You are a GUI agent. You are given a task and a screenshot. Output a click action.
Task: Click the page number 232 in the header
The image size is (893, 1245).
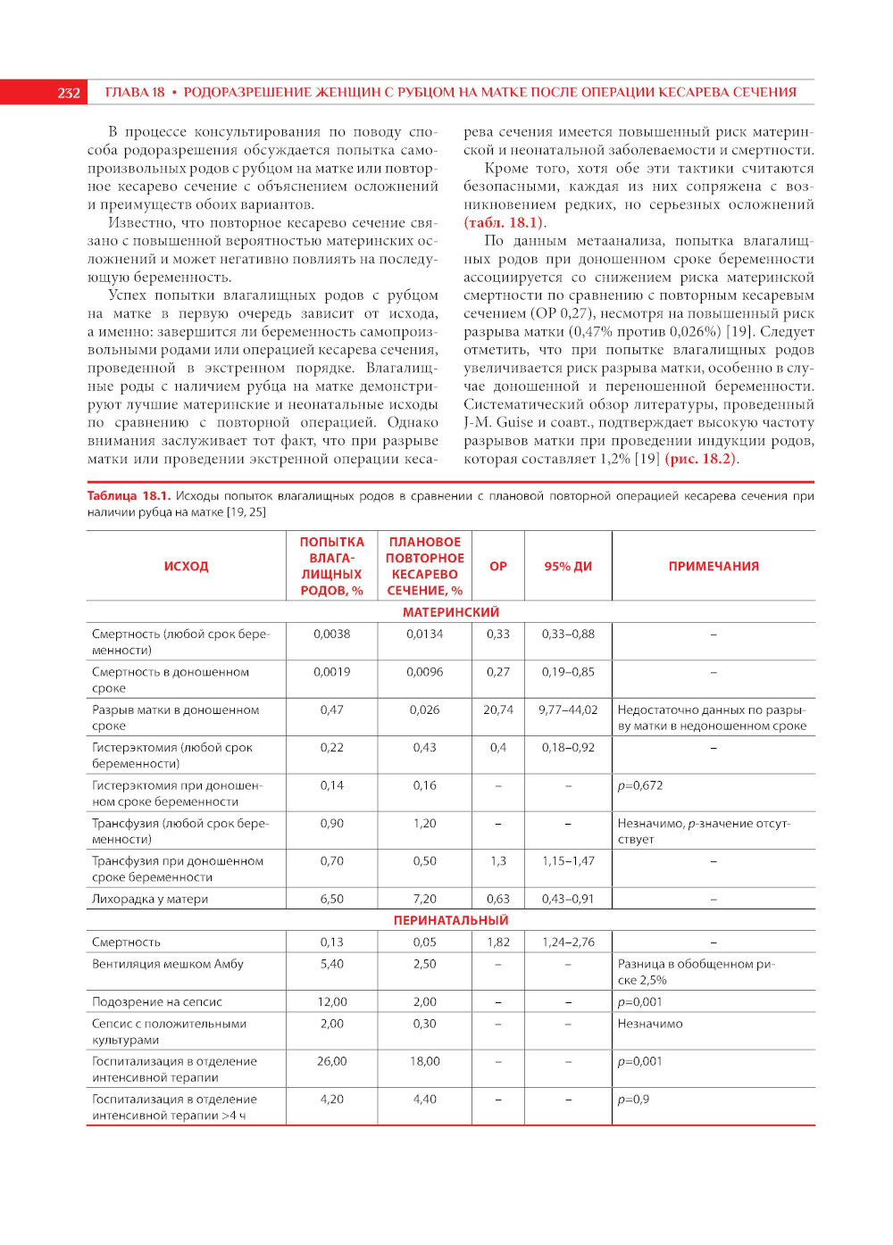[x=69, y=93]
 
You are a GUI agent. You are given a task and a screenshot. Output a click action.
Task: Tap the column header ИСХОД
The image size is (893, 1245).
[x=186, y=566]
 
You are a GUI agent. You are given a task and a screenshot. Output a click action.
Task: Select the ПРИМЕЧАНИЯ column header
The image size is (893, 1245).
[x=714, y=566]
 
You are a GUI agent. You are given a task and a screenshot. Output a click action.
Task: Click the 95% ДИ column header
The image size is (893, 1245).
[x=568, y=566]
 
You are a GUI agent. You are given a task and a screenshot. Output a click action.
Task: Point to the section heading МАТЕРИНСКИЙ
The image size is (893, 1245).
[x=451, y=612]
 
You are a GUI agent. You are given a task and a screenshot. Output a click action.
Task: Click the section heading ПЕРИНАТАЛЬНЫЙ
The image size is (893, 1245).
[x=451, y=920]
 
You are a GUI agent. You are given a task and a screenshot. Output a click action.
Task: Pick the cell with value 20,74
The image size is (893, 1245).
[x=498, y=710]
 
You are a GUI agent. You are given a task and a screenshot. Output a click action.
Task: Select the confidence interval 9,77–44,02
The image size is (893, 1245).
[x=568, y=710]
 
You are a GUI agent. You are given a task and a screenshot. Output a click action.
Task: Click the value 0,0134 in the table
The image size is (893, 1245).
[x=424, y=634]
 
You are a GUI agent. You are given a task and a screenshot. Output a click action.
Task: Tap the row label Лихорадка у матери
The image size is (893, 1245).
[x=150, y=899]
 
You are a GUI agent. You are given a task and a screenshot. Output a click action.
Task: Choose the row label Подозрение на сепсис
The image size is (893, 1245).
[x=157, y=1001]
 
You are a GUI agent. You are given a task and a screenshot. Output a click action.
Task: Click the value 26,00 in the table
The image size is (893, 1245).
[x=331, y=1061]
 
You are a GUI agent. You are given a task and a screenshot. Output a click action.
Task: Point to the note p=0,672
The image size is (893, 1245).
[x=640, y=785]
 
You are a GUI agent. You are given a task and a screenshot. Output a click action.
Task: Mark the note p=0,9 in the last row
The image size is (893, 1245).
[x=633, y=1099]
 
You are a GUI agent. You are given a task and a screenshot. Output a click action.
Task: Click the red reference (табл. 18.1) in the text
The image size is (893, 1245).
[x=504, y=222]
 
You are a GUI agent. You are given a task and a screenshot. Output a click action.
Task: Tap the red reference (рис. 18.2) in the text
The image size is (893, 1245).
[x=702, y=459]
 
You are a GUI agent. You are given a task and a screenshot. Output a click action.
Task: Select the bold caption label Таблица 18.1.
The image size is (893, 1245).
[x=128, y=495]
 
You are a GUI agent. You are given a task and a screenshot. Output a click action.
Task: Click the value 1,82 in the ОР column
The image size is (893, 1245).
[x=498, y=942]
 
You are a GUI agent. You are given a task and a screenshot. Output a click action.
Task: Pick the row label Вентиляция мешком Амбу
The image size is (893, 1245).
[x=168, y=964]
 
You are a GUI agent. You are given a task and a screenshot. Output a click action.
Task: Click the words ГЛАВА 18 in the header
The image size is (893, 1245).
[x=135, y=92]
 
